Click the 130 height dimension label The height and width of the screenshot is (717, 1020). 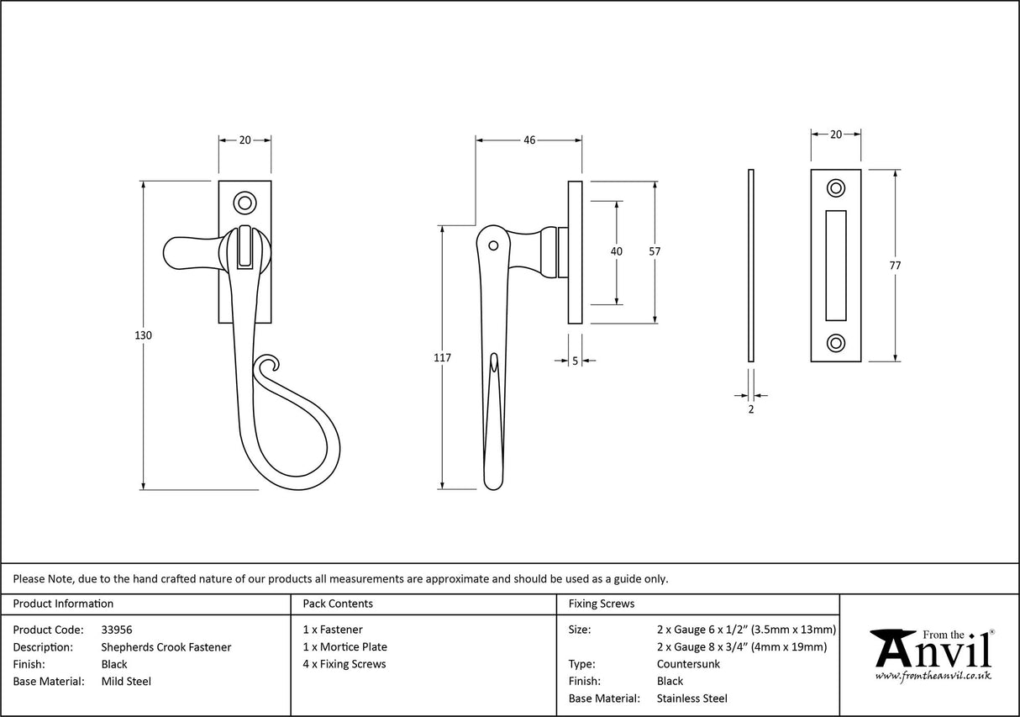[x=143, y=335]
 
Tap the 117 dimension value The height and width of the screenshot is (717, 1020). [x=443, y=358]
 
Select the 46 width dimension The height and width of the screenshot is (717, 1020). [x=529, y=140]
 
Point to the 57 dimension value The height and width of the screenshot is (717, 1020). [x=655, y=251]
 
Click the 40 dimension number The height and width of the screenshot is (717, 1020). [x=617, y=251]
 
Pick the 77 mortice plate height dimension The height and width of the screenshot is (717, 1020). [x=895, y=266]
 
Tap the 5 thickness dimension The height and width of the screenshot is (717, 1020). [x=575, y=361]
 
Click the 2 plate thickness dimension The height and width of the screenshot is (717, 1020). [x=750, y=409]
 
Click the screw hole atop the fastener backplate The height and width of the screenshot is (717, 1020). [x=244, y=202]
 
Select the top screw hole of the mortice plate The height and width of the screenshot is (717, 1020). [x=836, y=188]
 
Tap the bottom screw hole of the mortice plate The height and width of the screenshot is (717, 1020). [x=836, y=343]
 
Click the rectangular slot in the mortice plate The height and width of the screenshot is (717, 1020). [x=836, y=266]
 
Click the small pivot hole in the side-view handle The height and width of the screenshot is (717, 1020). [x=493, y=246]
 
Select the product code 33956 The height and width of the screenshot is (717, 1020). [x=116, y=630]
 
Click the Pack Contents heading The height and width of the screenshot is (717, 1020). [x=337, y=604]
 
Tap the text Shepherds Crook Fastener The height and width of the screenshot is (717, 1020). [x=166, y=647]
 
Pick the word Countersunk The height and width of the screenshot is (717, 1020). [x=688, y=664]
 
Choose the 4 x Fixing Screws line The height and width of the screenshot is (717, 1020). [x=344, y=664]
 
